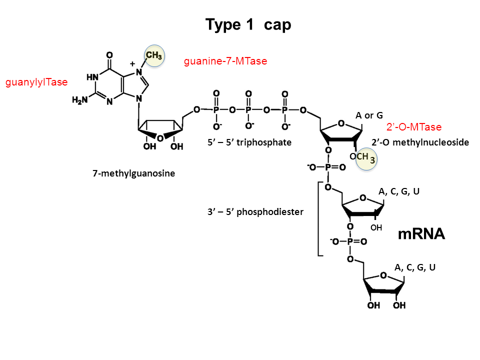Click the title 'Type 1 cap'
(x=248, y=25)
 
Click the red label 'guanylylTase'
(x=36, y=82)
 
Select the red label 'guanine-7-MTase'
(x=225, y=61)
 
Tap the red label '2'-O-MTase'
(x=414, y=127)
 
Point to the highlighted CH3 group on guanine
(x=154, y=55)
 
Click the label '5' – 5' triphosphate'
(x=249, y=142)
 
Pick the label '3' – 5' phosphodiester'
(x=255, y=211)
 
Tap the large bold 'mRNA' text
(x=421, y=234)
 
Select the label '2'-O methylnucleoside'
(x=420, y=142)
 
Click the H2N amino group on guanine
(x=80, y=100)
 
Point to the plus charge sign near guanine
(x=132, y=64)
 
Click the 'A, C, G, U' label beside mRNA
(x=398, y=191)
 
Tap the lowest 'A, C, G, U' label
(x=415, y=267)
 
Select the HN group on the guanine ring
(x=92, y=77)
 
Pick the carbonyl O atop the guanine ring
(x=109, y=53)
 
